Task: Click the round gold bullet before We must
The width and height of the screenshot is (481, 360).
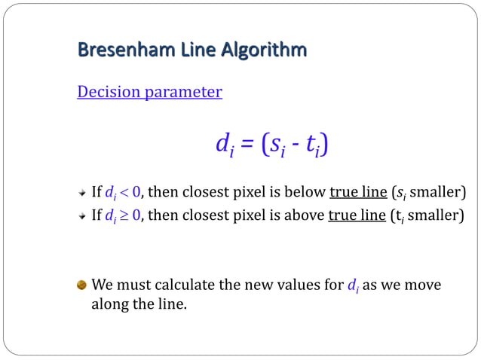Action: click(82, 285)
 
